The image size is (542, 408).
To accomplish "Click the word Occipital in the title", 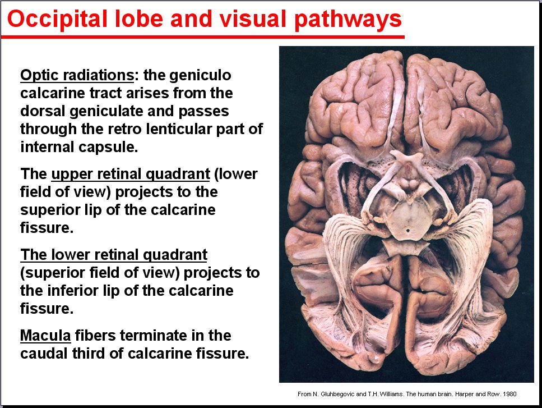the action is pyautogui.click(x=57, y=20).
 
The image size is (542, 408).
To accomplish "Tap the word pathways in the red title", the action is pyautogui.click(x=349, y=20).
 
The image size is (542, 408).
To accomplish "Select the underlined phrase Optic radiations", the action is pyautogui.click(x=77, y=75).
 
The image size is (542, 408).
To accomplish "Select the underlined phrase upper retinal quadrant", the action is pyautogui.click(x=131, y=174).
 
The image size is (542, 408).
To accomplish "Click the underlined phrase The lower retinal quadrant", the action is pyautogui.click(x=114, y=255).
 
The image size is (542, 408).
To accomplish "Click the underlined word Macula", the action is pyautogui.click(x=45, y=336).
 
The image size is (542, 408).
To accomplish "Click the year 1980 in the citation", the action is pyautogui.click(x=510, y=394).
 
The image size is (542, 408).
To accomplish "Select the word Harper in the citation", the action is pyautogui.click(x=465, y=394).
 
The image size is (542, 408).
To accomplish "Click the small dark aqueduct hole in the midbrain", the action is pyautogui.click(x=408, y=230).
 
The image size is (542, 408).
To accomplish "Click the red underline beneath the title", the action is pyautogui.click(x=202, y=36).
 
